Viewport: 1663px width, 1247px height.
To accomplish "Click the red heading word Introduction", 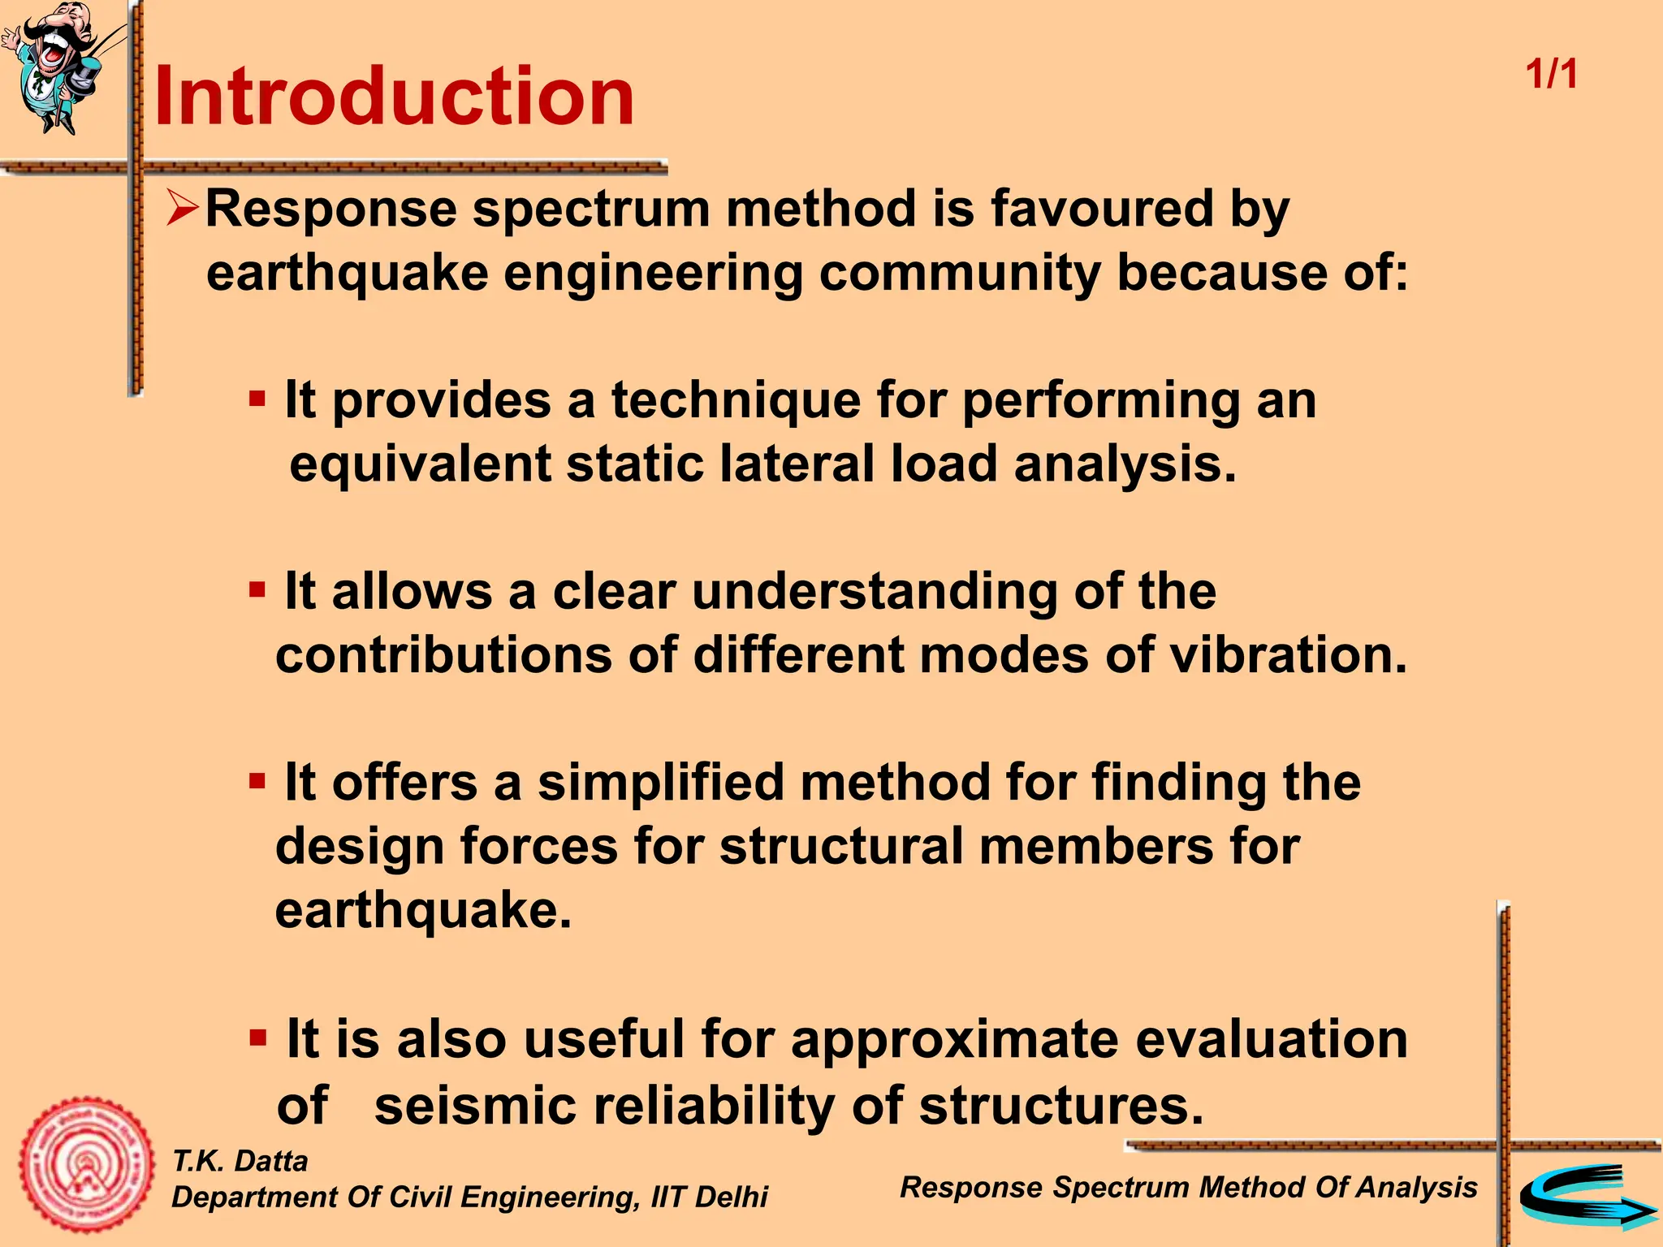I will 394,97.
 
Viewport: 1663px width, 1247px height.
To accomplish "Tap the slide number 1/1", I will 1551,75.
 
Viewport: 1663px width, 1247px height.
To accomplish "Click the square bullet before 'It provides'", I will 257,399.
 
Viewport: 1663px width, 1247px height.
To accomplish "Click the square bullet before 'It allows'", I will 257,589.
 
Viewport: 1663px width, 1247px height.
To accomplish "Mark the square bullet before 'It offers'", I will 257,781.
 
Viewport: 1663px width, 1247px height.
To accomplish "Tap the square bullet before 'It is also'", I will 258,1038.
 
